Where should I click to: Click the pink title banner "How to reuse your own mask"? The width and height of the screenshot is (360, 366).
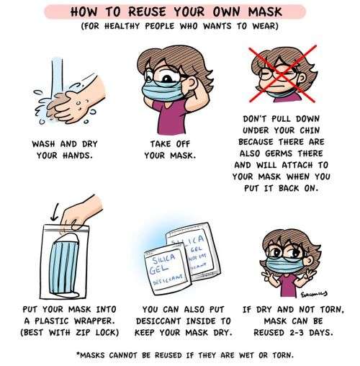click(179, 13)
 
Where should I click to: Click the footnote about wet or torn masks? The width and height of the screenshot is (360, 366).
click(179, 354)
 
